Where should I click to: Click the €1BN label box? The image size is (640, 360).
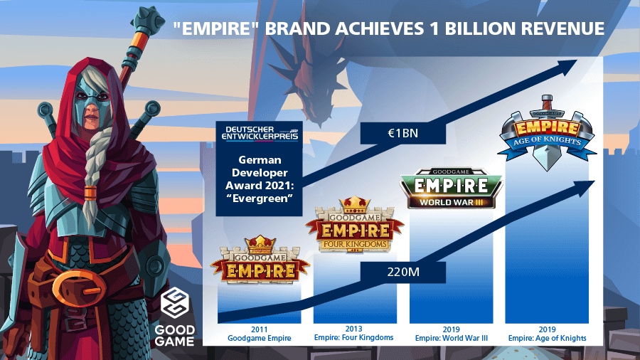(403, 134)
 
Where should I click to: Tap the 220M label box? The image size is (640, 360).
(403, 272)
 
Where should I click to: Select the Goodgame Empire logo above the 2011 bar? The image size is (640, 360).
(260, 260)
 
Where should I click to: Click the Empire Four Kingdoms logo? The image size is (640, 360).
(354, 224)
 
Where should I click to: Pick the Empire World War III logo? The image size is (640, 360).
(451, 188)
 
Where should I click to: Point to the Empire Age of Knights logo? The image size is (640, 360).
(547, 133)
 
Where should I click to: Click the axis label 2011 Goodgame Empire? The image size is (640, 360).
(259, 334)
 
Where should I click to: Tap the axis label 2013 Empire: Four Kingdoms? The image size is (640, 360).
(353, 333)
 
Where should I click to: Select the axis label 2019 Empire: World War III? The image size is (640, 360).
(451, 334)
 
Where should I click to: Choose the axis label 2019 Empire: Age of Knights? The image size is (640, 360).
(547, 334)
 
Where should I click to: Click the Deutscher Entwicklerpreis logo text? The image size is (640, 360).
(260, 134)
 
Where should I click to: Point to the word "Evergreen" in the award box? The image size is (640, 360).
(260, 198)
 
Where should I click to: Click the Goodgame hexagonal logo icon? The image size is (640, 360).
(174, 303)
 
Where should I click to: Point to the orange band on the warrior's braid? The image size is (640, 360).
(90, 193)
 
